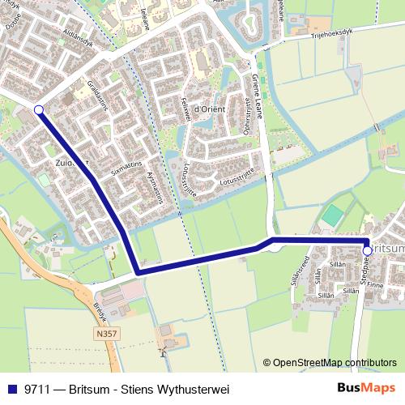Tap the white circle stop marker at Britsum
coord(367,252)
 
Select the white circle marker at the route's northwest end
coord(38,109)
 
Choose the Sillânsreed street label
coord(298,269)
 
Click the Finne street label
coord(374,284)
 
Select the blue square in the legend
coord(14,390)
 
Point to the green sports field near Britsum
coord(332,216)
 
